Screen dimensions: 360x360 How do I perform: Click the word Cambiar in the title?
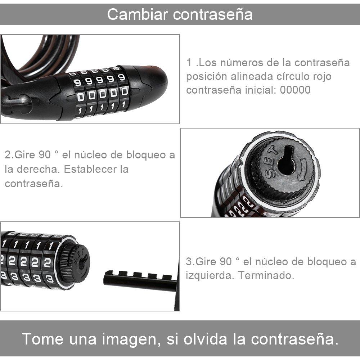click(x=137, y=14)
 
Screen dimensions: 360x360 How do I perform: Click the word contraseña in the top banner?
click(x=213, y=14)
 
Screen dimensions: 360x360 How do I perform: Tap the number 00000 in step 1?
click(x=295, y=90)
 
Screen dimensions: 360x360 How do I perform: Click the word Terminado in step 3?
click(x=266, y=275)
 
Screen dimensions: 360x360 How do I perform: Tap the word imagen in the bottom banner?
click(x=131, y=339)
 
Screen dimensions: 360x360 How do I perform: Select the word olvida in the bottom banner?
click(x=205, y=339)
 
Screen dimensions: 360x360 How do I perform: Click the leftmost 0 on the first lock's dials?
click(x=81, y=96)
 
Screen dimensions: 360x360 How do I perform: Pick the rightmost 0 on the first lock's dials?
click(x=125, y=91)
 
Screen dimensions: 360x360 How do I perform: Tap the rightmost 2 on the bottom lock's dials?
click(x=48, y=263)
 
